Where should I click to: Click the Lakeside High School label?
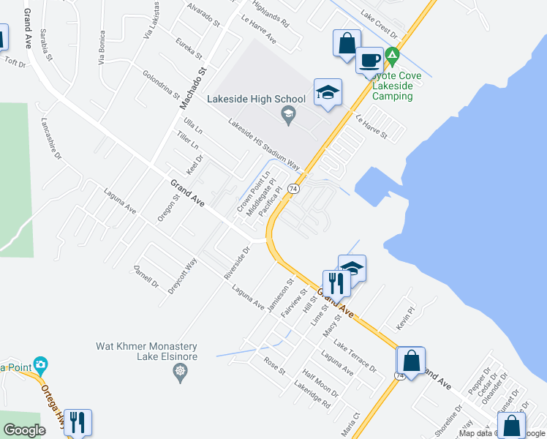tap(256, 100)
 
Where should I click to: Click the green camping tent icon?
tap(393, 55)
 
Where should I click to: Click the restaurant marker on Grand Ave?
tap(336, 282)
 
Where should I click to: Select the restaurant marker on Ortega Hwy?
tap(78, 422)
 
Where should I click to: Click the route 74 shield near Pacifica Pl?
tap(293, 188)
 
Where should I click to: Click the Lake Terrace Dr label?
tap(355, 355)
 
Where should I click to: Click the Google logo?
tap(23, 430)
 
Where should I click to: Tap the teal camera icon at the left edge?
tap(40, 364)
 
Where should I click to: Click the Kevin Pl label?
tap(406, 316)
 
